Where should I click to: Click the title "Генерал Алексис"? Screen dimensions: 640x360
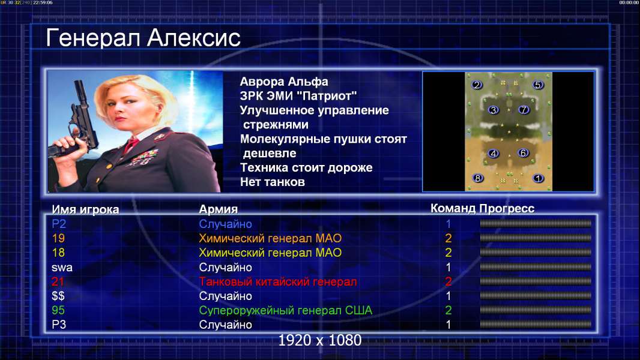(143, 38)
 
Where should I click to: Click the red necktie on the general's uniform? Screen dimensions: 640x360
(131, 145)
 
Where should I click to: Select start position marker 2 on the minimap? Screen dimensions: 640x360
(477, 85)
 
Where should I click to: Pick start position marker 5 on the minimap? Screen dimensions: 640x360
(537, 85)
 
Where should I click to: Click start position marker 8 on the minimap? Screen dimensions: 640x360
(477, 178)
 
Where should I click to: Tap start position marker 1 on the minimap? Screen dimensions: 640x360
(538, 178)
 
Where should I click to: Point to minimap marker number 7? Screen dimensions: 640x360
(524, 110)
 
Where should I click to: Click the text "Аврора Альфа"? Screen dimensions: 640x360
(284, 82)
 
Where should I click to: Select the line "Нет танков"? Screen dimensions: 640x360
(273, 182)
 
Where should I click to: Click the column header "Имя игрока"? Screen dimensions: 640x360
(85, 209)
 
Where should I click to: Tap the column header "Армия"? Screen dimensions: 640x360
(219, 209)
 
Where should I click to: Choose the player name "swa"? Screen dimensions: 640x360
(62, 268)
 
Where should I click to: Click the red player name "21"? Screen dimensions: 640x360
(58, 281)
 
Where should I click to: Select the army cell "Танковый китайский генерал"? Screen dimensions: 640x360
(278, 282)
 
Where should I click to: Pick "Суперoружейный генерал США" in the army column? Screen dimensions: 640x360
(286, 310)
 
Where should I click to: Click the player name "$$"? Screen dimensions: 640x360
(58, 296)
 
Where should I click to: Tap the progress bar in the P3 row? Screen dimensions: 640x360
(536, 325)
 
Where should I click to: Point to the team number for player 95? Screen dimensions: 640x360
(448, 310)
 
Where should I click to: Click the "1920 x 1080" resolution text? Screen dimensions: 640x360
(320, 340)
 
